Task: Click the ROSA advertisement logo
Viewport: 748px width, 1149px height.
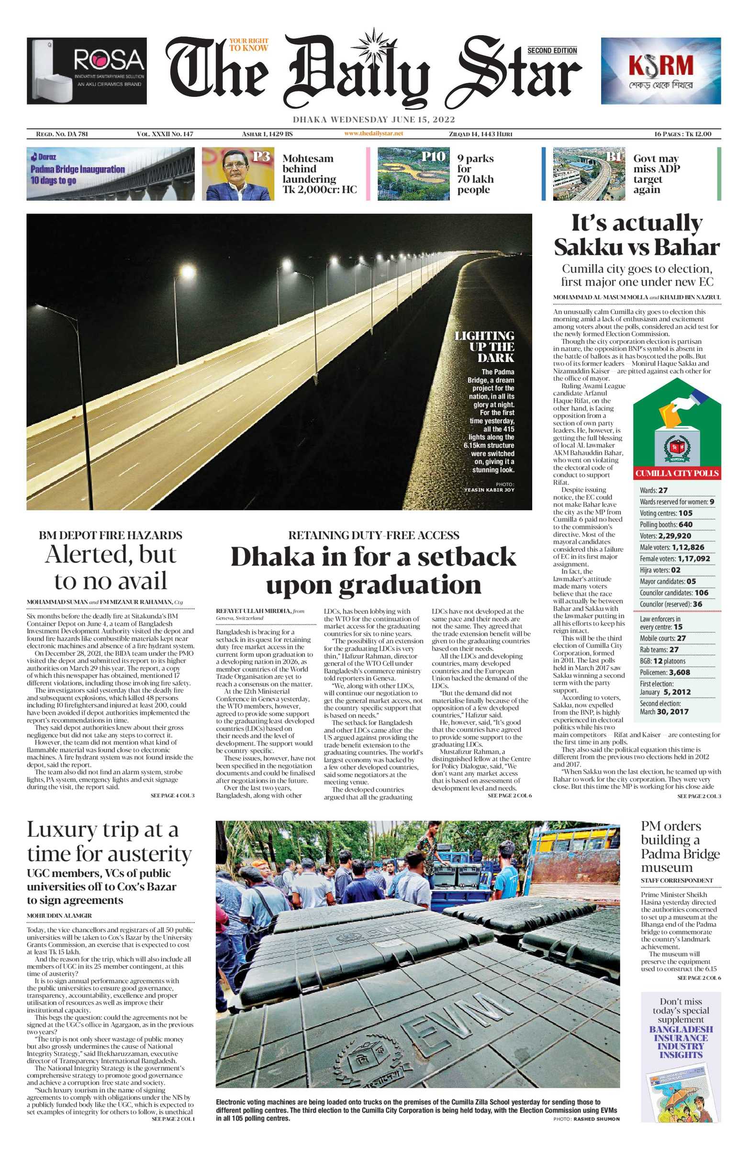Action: point(109,61)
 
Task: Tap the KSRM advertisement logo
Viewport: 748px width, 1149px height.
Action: point(660,66)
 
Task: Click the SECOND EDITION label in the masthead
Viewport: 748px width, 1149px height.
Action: point(552,51)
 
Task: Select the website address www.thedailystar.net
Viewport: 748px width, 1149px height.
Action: point(373,134)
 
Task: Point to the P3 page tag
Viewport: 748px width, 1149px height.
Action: point(261,156)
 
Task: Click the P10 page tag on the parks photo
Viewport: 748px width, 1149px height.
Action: point(433,156)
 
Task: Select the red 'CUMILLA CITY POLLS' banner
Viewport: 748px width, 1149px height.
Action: point(677,473)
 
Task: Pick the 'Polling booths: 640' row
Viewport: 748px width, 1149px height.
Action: point(666,525)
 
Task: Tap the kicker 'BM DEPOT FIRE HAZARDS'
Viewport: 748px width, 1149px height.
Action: point(111,535)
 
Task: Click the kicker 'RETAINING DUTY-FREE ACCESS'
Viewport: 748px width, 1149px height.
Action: point(373,535)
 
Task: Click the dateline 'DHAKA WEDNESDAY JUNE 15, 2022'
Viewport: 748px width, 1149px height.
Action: point(373,120)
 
